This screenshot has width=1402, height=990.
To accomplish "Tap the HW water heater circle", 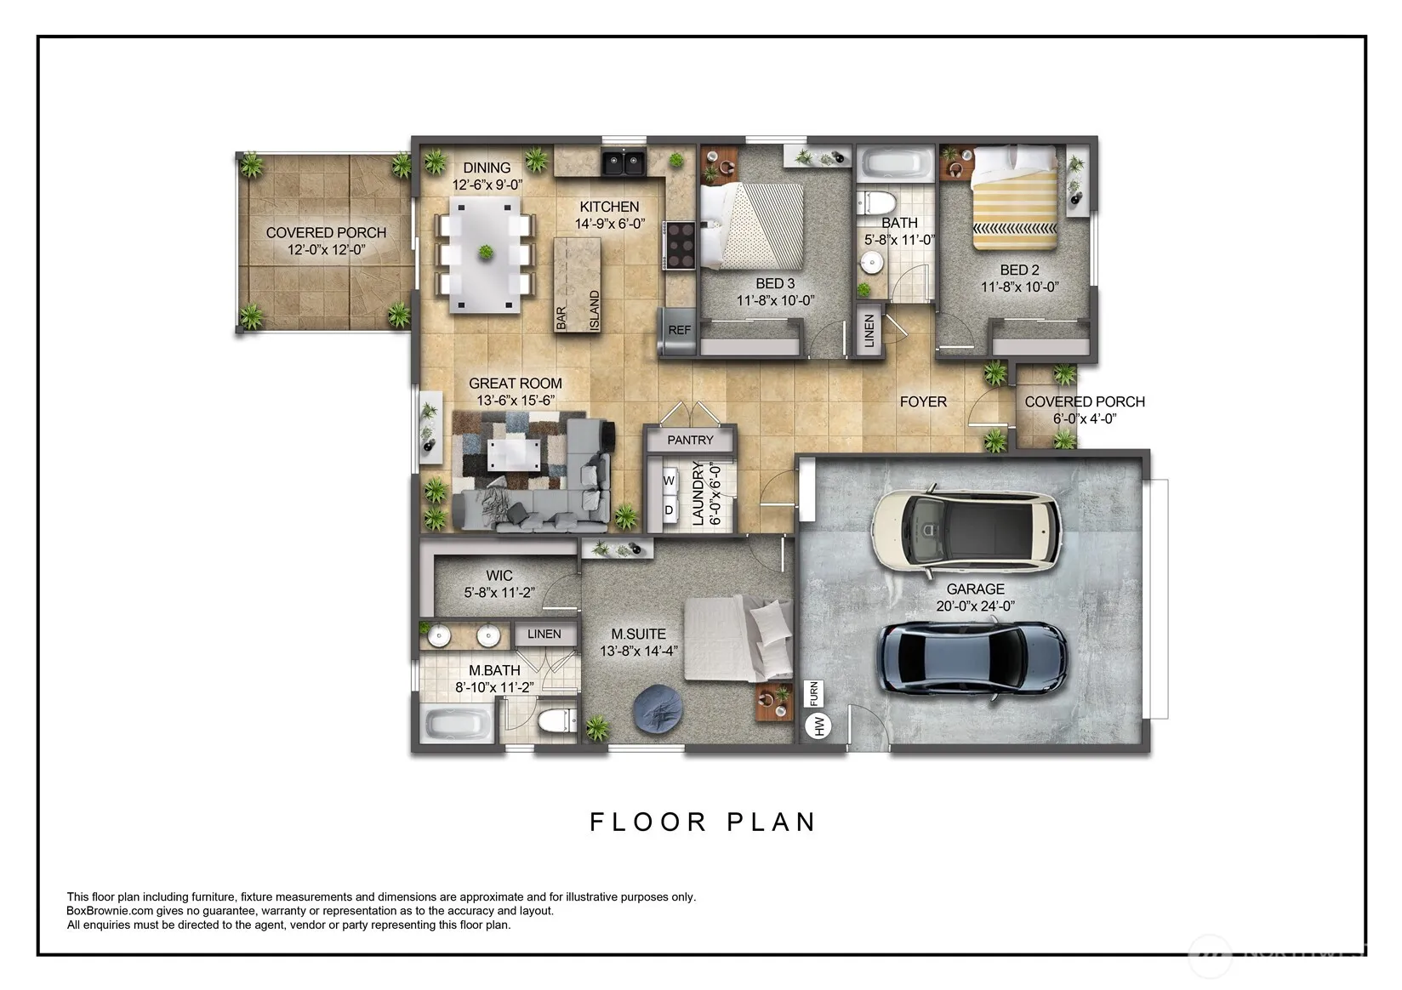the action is coord(818,725).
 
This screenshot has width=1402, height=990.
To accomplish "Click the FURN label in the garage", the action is coord(813,693).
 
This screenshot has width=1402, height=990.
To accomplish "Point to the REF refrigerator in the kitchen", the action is coord(678,330).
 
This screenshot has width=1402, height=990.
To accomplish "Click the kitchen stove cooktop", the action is coord(680,245).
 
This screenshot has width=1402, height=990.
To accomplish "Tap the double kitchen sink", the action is coord(624,162).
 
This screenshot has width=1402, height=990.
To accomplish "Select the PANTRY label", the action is coord(690,440).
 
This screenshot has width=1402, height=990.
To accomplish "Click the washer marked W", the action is coord(669,481).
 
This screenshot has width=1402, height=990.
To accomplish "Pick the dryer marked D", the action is coord(669,510).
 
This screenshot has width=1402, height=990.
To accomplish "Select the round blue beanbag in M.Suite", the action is coord(657,709).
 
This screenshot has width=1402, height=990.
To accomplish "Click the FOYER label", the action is coord(923,401).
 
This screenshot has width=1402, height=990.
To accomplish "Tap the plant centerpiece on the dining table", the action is coord(486,253).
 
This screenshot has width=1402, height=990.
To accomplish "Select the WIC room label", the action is coord(499,575).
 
